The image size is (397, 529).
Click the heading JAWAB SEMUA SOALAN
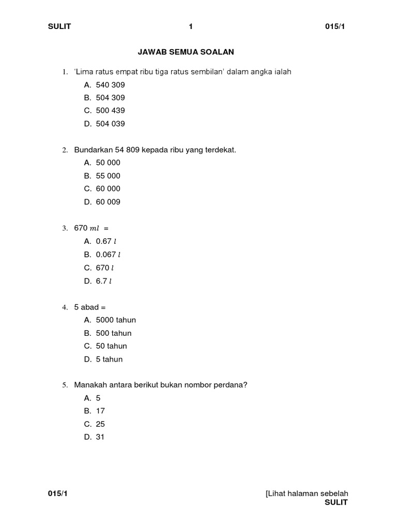(186, 52)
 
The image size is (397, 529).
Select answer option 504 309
(110, 98)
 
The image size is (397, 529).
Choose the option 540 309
(110, 85)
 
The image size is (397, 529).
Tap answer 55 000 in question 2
(108, 176)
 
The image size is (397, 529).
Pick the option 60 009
(108, 202)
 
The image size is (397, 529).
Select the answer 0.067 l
(108, 255)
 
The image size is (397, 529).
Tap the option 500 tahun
(114, 333)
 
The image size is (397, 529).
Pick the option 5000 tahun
(116, 320)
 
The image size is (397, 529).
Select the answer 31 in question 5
(100, 437)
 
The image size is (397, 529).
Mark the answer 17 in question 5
(100, 411)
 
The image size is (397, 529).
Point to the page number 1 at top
(191, 27)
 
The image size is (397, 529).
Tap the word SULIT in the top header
(59, 27)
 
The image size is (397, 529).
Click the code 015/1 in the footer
(58, 494)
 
